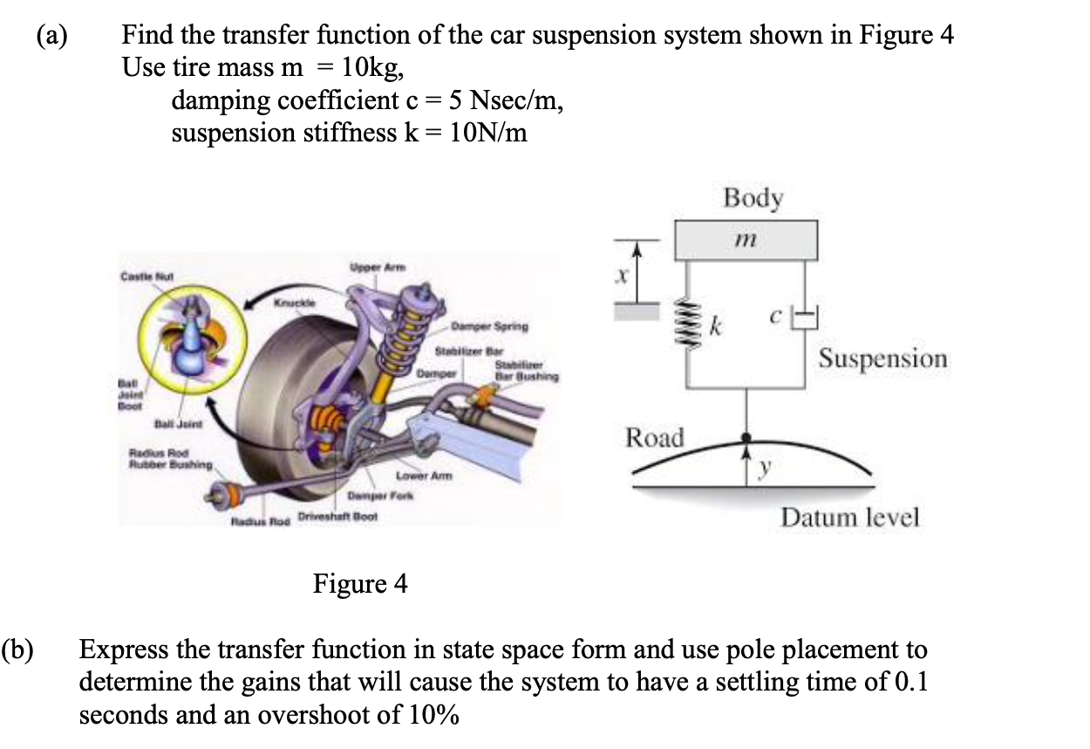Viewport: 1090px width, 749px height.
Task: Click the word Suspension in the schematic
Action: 882,358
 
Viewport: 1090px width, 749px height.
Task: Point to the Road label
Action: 655,436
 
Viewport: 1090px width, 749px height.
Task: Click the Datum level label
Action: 849,518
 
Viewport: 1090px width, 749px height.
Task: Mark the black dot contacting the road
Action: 745,437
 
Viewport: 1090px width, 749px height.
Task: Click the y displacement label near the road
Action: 765,469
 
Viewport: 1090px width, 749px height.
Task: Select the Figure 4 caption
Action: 360,583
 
